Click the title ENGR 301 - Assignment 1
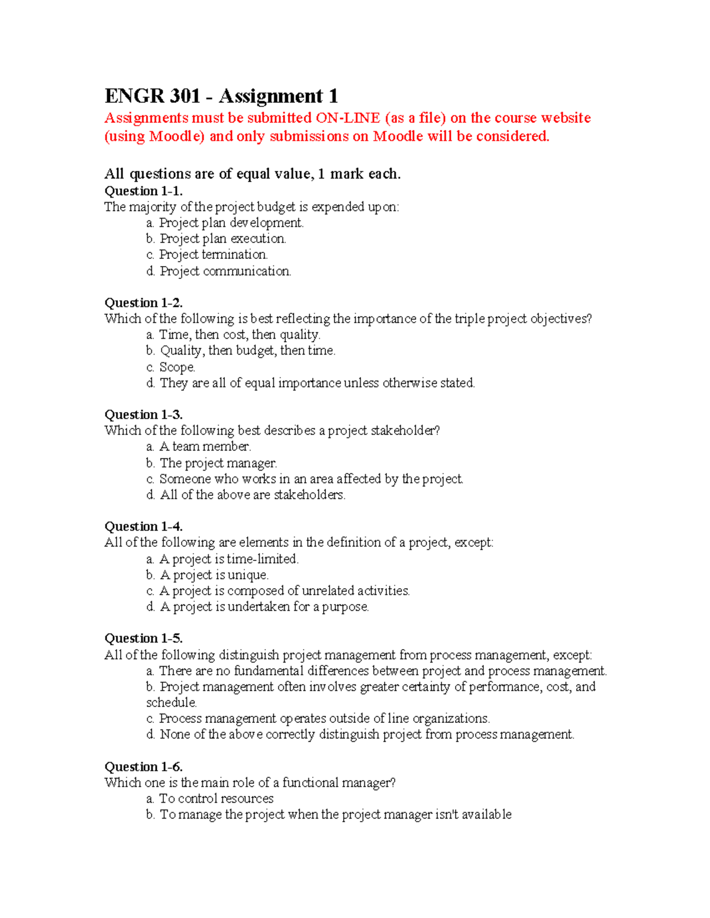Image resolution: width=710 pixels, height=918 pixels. [221, 96]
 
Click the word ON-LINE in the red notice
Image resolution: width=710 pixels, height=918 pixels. [347, 118]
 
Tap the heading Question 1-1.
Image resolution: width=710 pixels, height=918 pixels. [143, 191]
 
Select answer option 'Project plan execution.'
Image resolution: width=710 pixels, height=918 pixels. [222, 239]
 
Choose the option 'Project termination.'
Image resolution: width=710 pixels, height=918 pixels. [213, 255]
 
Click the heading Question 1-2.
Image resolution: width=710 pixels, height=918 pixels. [143, 303]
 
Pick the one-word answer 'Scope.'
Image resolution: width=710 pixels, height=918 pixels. [177, 367]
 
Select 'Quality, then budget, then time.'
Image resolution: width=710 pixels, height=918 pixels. [247, 351]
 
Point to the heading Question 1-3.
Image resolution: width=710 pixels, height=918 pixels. [143, 414]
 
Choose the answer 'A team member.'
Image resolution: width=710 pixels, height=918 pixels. [205, 447]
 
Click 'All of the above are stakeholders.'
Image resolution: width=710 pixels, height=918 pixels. [253, 495]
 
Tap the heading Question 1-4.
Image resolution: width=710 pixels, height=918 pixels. [143, 527]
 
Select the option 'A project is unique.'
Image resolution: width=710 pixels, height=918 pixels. [214, 575]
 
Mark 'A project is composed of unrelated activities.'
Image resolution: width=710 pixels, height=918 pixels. [284, 591]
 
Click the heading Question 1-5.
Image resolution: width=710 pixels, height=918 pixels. [143, 638]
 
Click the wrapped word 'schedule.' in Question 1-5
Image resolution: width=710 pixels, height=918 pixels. [172, 703]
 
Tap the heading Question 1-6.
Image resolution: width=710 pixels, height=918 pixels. [143, 767]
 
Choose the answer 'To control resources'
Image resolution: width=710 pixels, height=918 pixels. [216, 799]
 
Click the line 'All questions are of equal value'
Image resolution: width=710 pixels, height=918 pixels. [253, 174]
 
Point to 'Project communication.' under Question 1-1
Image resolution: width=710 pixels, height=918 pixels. [225, 271]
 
